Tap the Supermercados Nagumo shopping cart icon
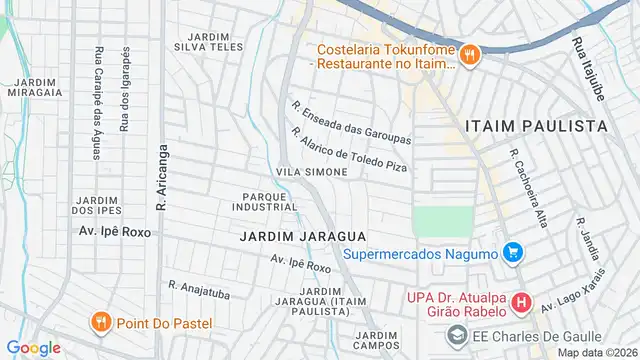[513, 253]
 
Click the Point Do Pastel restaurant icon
[100, 322]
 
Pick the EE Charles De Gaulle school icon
[457, 335]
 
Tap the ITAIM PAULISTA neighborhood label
[536, 126]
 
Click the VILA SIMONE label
[312, 173]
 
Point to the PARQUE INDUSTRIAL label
[264, 201]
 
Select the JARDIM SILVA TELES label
[208, 41]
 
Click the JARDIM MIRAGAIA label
[36, 87]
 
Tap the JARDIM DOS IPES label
[96, 204]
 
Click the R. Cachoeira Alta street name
[528, 189]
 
